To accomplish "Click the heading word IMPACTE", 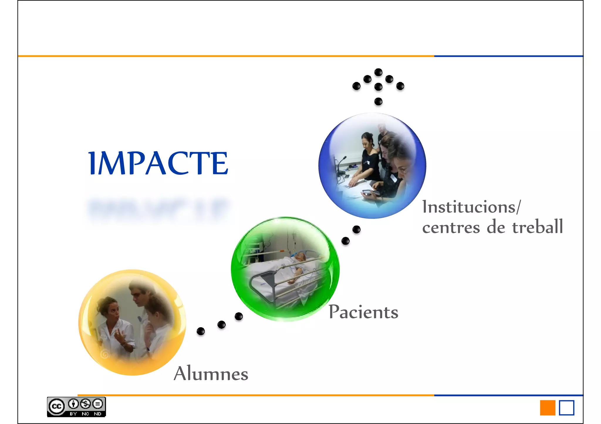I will click(158, 163).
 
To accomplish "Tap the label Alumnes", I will click(211, 374).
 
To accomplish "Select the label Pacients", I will click(363, 312).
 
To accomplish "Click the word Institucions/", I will click(471, 207).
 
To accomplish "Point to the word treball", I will click(538, 227).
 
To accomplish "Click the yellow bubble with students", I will click(132, 322).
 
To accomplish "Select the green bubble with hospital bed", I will click(285, 269).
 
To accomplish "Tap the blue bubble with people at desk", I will click(372, 166).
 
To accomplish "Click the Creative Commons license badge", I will click(76, 407).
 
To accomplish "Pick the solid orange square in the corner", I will click(548, 408).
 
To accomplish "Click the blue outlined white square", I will click(566, 408).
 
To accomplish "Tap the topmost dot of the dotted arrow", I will click(379, 72).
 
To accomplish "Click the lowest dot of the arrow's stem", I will click(379, 101).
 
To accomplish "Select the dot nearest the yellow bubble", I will click(201, 331).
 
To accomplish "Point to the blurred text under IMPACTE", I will click(158, 209).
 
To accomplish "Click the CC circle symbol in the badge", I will click(56, 406).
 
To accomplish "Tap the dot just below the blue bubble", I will click(356, 229).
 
